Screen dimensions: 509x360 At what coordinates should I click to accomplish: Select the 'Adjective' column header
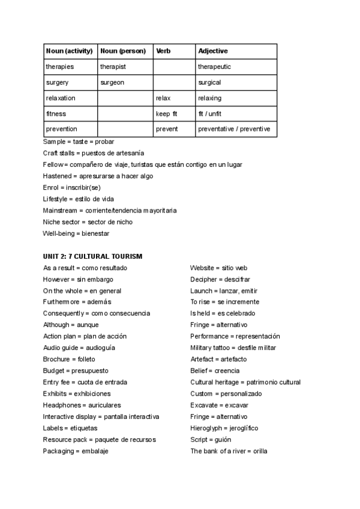point(213,51)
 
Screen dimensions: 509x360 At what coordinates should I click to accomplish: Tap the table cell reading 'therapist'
point(113,67)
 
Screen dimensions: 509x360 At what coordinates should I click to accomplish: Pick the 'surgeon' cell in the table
point(112,82)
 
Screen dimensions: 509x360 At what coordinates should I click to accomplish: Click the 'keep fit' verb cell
point(167,113)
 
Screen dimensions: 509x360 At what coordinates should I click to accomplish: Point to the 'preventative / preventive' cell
point(234,129)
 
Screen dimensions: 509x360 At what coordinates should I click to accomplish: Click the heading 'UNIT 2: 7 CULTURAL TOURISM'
point(92,256)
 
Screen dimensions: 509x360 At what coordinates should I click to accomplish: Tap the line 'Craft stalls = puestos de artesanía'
point(94,153)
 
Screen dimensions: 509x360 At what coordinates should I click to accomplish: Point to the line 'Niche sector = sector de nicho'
point(88,222)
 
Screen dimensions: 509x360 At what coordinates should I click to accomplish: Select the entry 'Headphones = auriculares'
point(82,405)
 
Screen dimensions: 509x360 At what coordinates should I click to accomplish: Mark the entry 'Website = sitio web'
point(218,268)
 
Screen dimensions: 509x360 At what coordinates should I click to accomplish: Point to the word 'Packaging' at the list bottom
point(58,451)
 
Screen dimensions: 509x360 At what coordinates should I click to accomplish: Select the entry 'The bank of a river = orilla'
point(229,451)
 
